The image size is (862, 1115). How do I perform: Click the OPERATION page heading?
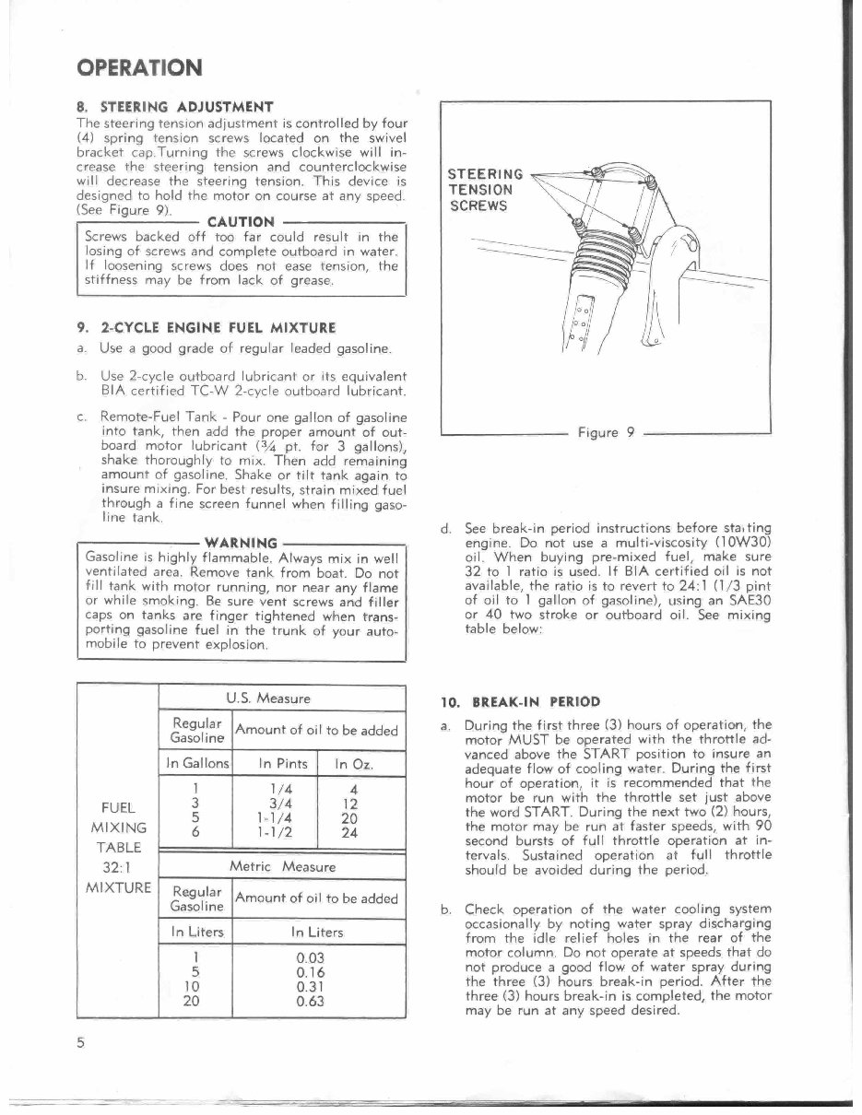138,68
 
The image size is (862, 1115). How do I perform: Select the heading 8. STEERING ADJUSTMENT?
174,105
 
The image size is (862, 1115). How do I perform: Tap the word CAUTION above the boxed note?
241,221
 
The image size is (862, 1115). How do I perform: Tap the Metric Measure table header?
282,866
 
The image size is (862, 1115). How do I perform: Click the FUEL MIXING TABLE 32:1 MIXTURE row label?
118,847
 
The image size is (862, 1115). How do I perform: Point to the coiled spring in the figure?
609,254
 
